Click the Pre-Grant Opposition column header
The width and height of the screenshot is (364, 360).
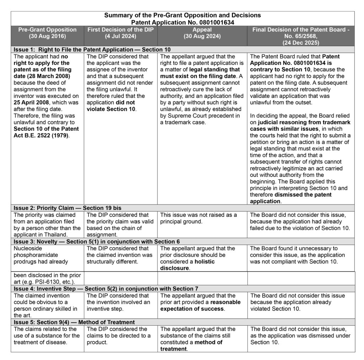coord(47,33)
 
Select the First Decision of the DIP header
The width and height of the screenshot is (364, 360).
coord(121,33)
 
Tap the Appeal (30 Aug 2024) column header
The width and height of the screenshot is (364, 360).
coord(202,33)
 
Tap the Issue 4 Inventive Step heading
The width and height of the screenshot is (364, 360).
coord(106,289)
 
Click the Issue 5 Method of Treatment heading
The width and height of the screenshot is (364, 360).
coord(74,322)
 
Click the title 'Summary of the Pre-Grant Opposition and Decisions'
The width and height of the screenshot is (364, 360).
coord(182,16)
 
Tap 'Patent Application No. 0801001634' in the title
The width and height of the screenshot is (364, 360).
coord(182,22)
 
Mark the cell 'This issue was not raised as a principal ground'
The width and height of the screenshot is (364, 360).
coord(198,218)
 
